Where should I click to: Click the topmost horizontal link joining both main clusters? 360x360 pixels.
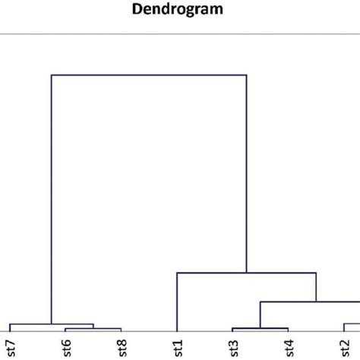(149, 75)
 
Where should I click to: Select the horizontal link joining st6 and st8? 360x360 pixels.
(93, 329)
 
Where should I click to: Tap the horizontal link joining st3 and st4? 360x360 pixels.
(260, 328)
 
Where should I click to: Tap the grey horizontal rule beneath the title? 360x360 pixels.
(179, 34)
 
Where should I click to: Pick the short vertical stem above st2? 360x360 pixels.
(344, 327)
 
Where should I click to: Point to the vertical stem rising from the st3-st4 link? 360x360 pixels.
(261, 315)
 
